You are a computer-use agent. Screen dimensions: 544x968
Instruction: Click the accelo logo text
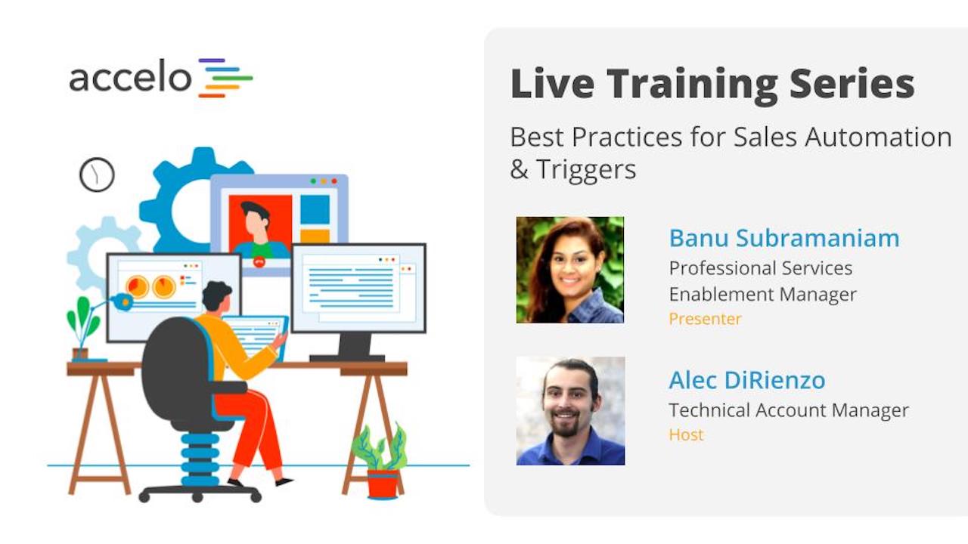tap(130, 78)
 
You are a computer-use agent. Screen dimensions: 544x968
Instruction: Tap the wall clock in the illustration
tap(97, 175)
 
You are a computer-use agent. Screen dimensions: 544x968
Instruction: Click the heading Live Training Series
tap(712, 84)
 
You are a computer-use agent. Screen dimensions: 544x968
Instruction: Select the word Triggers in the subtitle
tap(585, 169)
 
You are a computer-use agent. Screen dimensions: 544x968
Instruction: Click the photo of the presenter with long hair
tap(570, 270)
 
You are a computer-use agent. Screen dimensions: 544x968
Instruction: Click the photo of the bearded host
tap(570, 410)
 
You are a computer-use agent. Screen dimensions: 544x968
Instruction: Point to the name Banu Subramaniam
tap(784, 238)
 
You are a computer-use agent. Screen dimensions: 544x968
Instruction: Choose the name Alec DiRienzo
tap(746, 380)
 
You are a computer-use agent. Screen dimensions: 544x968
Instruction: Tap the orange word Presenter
tap(705, 319)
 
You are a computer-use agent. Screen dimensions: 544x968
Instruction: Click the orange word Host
tap(686, 434)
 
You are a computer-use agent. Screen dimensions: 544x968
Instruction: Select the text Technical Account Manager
tap(788, 410)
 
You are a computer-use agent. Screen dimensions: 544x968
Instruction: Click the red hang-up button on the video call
tap(259, 262)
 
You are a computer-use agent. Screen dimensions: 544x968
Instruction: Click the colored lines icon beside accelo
tap(225, 78)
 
